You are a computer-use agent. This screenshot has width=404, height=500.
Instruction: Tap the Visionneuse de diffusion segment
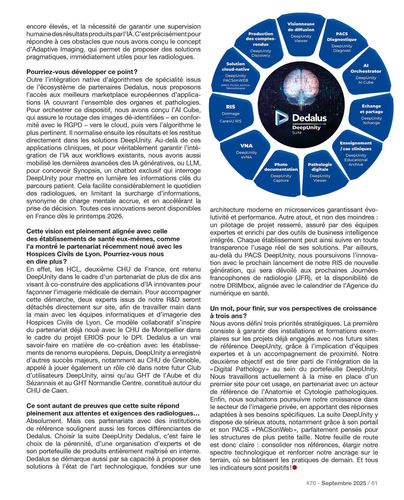(x=301, y=32)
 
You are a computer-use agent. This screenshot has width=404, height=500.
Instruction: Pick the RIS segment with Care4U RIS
(x=231, y=113)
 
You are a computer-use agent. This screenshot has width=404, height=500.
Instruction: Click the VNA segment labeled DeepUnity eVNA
(x=246, y=151)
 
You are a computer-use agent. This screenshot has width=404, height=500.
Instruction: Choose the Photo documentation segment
(x=281, y=172)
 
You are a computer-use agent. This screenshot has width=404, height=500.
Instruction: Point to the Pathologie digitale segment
(x=320, y=172)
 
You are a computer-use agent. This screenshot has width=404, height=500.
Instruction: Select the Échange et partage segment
(x=371, y=114)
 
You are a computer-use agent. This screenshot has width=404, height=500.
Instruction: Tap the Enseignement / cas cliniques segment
(x=355, y=153)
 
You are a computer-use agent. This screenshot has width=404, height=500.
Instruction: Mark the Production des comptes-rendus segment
(x=261, y=44)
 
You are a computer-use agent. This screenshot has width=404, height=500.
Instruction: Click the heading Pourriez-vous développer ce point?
(x=82, y=72)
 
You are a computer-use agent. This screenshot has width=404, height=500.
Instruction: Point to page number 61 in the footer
(x=375, y=483)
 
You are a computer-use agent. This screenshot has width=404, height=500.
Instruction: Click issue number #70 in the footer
(x=311, y=483)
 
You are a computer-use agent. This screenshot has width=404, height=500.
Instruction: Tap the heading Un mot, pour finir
(x=293, y=308)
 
